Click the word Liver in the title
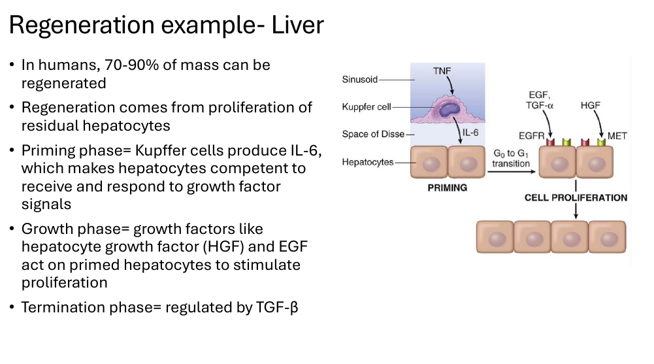click(x=297, y=25)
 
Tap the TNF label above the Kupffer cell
click(x=442, y=71)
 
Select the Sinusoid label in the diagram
click(x=359, y=79)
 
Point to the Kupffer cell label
click(x=367, y=107)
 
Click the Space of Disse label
click(x=373, y=134)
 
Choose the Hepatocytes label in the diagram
click(x=367, y=162)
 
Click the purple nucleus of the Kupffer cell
click(x=450, y=109)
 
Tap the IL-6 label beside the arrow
click(x=470, y=133)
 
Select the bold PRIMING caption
click(x=447, y=188)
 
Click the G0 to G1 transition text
click(x=510, y=158)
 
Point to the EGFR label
click(x=531, y=136)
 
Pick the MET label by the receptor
click(x=617, y=136)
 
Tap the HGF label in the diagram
click(x=590, y=105)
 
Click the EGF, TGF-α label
click(x=539, y=101)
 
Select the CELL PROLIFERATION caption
click(x=576, y=197)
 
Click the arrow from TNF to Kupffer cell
click(x=450, y=86)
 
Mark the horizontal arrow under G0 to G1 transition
click(x=512, y=171)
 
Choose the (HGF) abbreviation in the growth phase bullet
click(x=223, y=247)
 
